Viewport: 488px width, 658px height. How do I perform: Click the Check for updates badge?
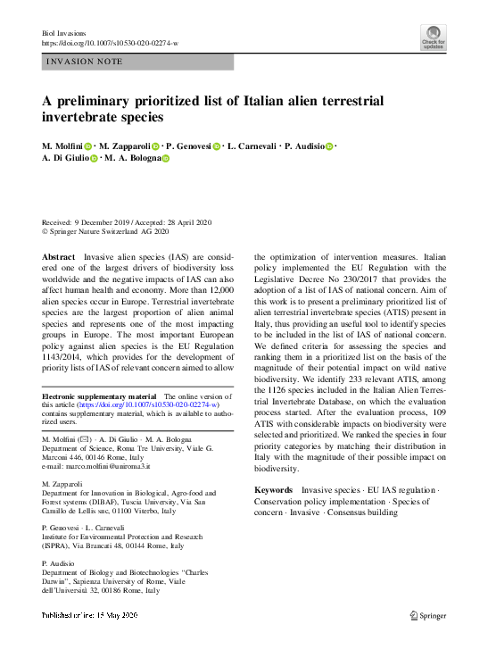pyautogui.click(x=433, y=37)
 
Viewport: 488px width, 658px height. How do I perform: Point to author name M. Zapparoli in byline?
pyautogui.click(x=124, y=146)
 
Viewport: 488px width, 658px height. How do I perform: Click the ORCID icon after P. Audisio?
pyautogui.click(x=329, y=146)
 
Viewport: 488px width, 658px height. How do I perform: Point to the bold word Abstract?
pyautogui.click(x=59, y=256)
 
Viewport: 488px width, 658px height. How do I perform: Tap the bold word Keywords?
pyautogui.click(x=274, y=490)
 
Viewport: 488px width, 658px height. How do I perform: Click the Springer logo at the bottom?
pyautogui.click(x=427, y=615)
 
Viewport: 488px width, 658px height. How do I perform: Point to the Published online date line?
pyautogui.click(x=89, y=616)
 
